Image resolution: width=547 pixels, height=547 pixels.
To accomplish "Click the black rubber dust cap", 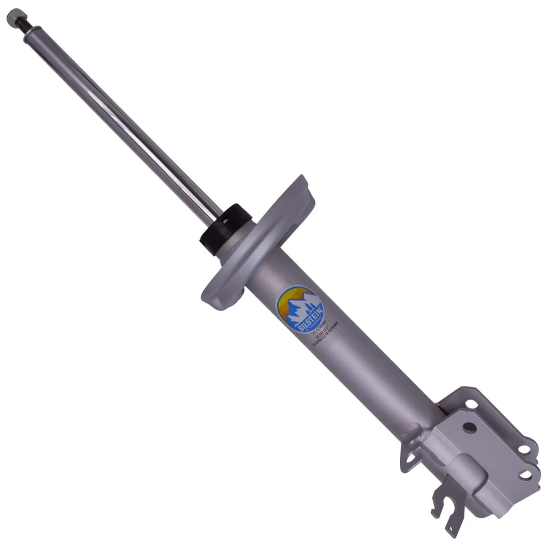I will [225, 227].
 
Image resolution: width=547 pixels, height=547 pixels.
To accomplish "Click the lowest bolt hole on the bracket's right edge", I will [525, 475].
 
